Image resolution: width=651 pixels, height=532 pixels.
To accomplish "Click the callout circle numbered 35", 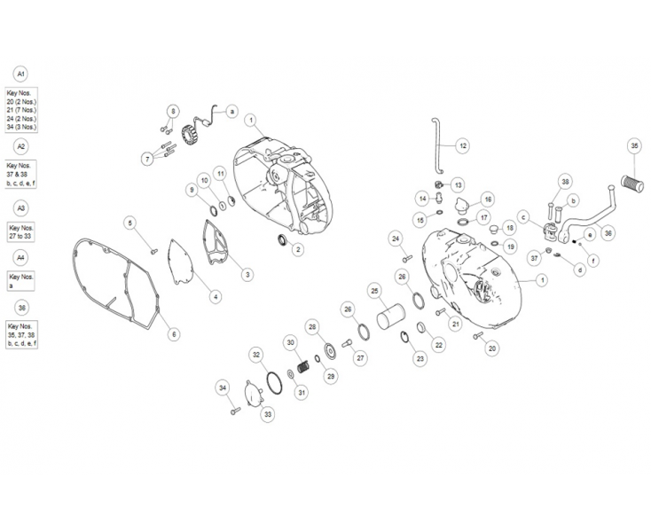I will [633, 145].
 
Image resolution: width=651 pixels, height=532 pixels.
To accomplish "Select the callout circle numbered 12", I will [462, 145].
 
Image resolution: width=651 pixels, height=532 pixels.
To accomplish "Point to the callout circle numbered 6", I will [174, 333].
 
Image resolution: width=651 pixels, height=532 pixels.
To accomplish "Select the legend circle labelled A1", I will [21, 74].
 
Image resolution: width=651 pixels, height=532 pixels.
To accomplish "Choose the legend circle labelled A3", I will [21, 207].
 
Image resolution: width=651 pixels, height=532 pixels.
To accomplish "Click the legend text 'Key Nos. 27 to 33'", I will [21, 232].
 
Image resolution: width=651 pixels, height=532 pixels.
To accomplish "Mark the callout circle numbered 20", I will [492, 348].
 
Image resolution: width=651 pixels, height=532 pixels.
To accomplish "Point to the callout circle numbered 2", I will [298, 250].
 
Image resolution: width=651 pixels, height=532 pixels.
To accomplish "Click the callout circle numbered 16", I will [488, 199].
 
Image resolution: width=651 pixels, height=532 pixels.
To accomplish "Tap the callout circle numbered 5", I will [129, 223].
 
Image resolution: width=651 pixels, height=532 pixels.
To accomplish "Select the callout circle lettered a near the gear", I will [231, 112].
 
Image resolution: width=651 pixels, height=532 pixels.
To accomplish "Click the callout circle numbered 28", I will [311, 327].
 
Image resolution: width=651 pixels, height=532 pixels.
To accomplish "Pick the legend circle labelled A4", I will [21, 257].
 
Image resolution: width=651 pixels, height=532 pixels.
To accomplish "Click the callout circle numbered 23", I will [420, 359].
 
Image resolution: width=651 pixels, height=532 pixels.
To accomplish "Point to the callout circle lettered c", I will [524, 216].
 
